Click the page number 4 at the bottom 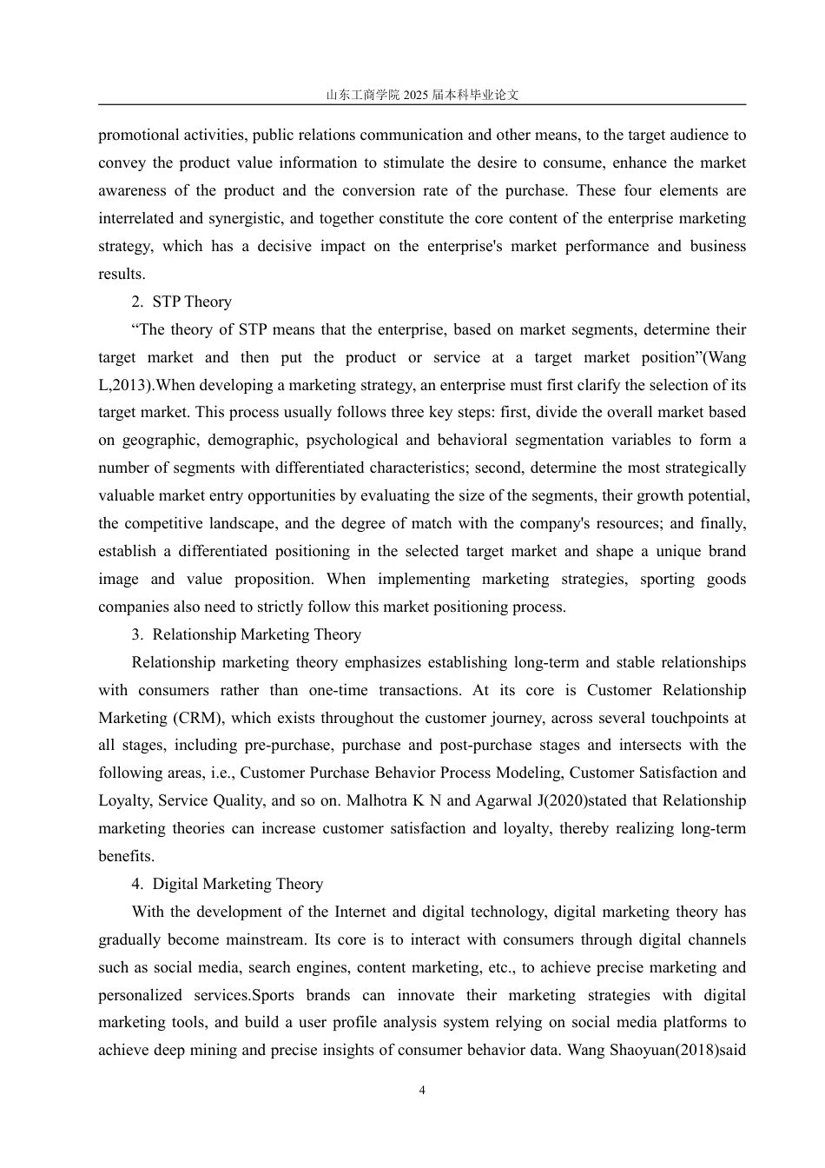pos(422,1091)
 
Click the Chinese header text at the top pos(422,95)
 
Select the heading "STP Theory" pos(192,302)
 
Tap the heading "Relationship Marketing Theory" pos(256,634)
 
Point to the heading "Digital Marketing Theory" pos(237,884)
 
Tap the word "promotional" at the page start pos(138,135)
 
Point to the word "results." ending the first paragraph pos(122,274)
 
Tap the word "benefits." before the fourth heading pos(126,856)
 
